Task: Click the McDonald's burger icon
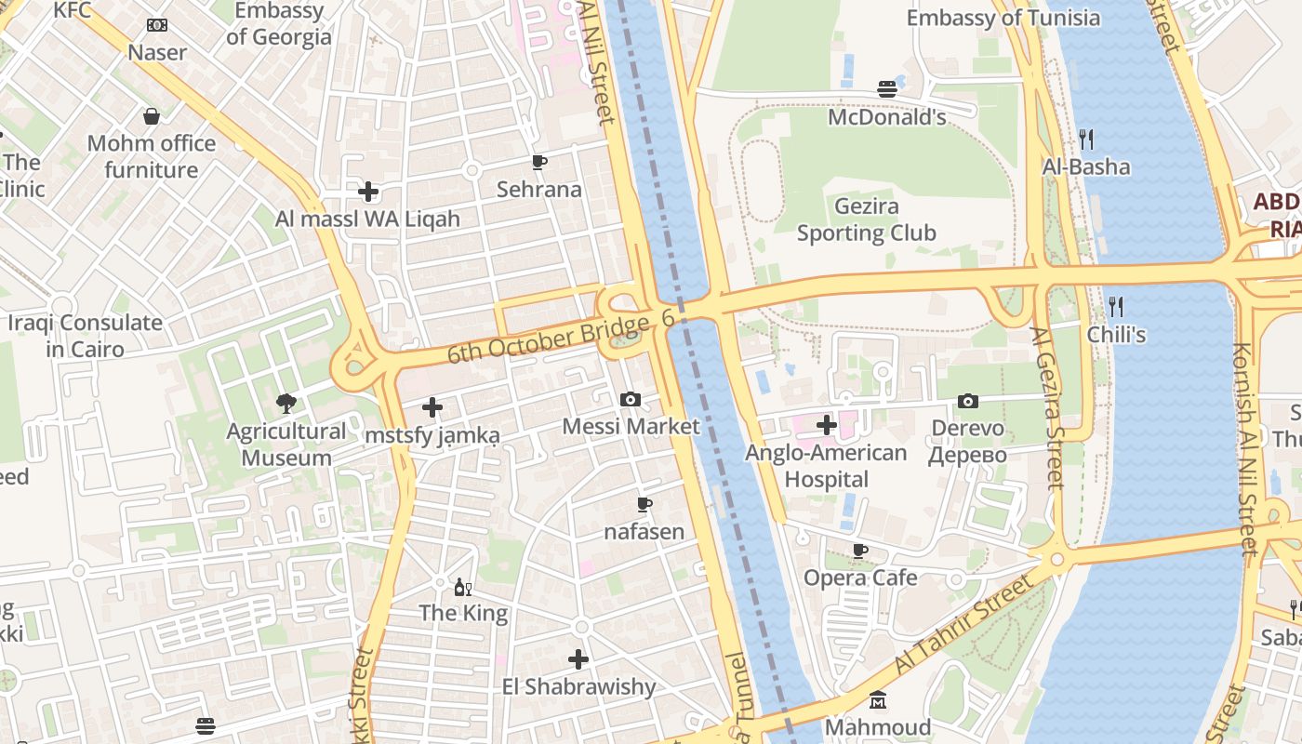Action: pos(887,89)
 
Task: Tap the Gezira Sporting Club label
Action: pos(866,219)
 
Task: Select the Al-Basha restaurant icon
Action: pos(1086,139)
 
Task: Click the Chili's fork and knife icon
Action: pos(1116,306)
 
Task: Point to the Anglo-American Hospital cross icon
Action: pos(827,426)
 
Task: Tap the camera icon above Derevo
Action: pos(968,401)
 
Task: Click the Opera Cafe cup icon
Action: pos(860,551)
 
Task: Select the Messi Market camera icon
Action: pos(631,399)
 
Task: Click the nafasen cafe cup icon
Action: pos(644,505)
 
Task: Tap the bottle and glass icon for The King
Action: pos(462,587)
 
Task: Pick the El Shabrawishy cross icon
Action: pos(578,659)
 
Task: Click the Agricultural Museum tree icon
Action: pos(286,403)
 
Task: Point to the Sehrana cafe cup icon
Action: pos(538,163)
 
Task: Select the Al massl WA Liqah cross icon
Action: pos(368,193)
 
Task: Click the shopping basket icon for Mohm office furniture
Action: pos(151,116)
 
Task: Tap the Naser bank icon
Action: pos(157,25)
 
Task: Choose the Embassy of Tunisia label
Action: pos(1003,18)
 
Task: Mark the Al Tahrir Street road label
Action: pos(964,624)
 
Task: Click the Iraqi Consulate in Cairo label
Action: pos(86,336)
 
